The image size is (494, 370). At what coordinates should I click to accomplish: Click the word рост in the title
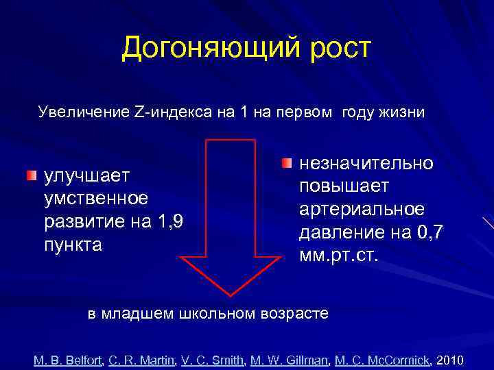[336, 48]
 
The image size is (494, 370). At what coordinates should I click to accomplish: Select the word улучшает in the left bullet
[87, 176]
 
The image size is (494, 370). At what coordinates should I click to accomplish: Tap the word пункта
[73, 245]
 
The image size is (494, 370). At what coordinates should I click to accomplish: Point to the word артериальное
[362, 209]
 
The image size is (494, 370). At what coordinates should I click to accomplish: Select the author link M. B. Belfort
[67, 360]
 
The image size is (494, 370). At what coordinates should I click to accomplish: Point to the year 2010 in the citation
[450, 360]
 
